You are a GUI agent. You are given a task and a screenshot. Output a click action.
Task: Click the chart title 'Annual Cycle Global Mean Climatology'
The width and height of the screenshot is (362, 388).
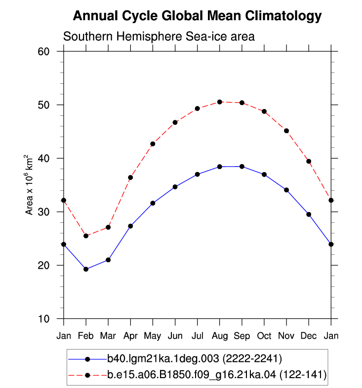tap(197, 16)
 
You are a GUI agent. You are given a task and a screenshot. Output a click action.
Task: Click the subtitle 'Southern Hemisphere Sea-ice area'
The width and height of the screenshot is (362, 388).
tap(159, 36)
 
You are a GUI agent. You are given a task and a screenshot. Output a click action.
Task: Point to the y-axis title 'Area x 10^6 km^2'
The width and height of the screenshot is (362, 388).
tap(29, 185)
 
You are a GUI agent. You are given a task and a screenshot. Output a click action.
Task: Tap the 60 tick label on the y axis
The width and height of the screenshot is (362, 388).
tap(43, 51)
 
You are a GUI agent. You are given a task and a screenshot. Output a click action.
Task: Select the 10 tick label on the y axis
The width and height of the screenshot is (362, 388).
tap(43, 318)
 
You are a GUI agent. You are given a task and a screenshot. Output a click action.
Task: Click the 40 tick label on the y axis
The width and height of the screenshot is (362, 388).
tap(43, 158)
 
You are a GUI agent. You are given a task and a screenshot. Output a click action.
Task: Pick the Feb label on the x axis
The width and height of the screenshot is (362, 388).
tap(86, 336)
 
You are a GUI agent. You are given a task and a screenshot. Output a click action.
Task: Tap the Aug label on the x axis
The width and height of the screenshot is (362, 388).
tap(220, 336)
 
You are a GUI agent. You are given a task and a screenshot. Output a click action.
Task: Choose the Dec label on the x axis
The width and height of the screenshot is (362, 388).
tap(309, 336)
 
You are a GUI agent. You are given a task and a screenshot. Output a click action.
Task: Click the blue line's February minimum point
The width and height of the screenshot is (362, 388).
tap(86, 269)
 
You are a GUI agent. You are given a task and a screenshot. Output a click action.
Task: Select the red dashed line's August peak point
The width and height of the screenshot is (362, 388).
tap(220, 102)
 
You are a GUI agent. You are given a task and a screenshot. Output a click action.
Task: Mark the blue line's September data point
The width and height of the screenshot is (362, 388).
tap(242, 167)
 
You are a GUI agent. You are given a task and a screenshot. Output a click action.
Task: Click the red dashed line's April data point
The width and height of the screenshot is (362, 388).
tap(130, 177)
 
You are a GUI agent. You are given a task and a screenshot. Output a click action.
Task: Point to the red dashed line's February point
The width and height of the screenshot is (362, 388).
tap(86, 236)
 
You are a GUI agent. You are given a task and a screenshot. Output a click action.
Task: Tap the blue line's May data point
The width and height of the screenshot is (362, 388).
tap(153, 203)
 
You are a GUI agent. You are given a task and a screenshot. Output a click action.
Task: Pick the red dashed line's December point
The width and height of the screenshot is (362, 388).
tap(309, 161)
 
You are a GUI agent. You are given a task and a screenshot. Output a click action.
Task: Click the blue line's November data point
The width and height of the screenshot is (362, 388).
tap(286, 190)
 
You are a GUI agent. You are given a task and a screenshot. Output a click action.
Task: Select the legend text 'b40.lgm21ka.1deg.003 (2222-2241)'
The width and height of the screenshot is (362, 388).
tap(195, 358)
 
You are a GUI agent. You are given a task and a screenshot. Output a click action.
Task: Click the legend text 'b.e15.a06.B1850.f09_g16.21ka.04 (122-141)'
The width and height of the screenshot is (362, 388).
tap(217, 375)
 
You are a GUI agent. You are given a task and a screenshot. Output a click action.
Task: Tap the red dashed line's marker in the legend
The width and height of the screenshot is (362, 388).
tap(87, 375)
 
